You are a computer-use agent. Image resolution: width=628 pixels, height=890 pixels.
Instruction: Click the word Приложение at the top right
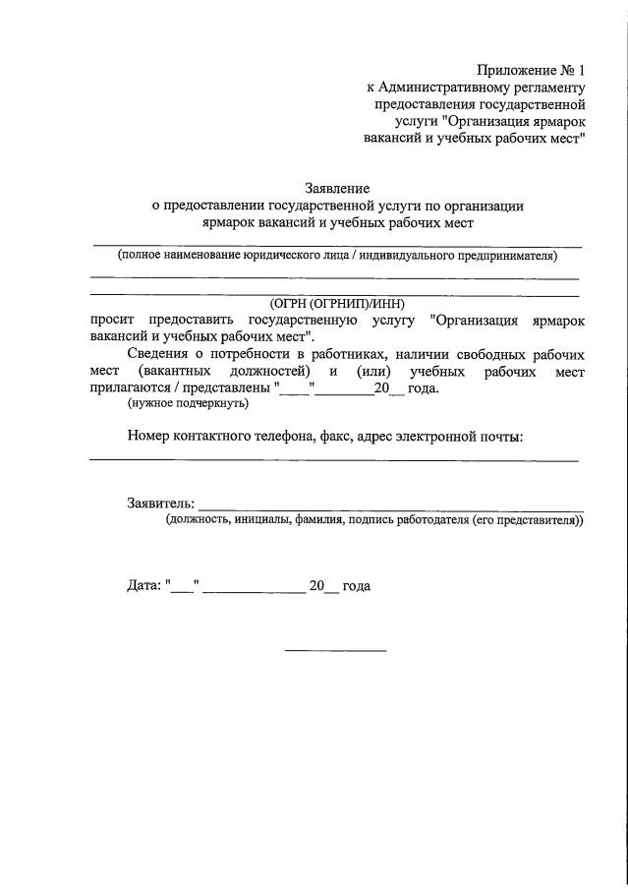point(515,70)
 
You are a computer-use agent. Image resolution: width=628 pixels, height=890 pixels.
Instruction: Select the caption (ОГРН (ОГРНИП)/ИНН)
point(337,304)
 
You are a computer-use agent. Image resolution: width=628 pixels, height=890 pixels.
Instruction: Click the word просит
point(111,321)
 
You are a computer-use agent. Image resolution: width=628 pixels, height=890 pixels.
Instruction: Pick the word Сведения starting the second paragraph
point(160,354)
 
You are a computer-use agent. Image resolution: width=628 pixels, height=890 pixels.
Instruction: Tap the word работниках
point(339,354)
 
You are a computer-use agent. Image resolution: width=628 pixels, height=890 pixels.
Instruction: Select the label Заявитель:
point(160,504)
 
